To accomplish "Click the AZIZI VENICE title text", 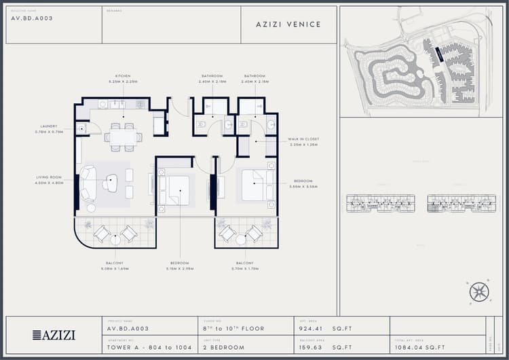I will click(x=288, y=24).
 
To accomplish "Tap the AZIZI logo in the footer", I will click(x=54, y=335).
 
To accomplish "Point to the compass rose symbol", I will click(x=479, y=292).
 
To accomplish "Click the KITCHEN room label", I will click(x=123, y=75).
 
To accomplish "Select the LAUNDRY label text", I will click(x=49, y=126).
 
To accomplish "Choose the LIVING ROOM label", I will click(x=49, y=177).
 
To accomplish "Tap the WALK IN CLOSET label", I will click(x=303, y=139).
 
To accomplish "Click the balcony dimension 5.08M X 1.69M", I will click(x=114, y=268).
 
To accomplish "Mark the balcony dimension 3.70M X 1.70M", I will click(x=245, y=268).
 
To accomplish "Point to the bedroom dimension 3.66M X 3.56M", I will click(x=303, y=186).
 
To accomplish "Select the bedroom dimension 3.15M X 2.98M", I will click(x=180, y=268).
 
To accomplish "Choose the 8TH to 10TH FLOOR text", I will click(x=234, y=329).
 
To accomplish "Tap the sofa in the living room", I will click(x=88, y=183).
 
